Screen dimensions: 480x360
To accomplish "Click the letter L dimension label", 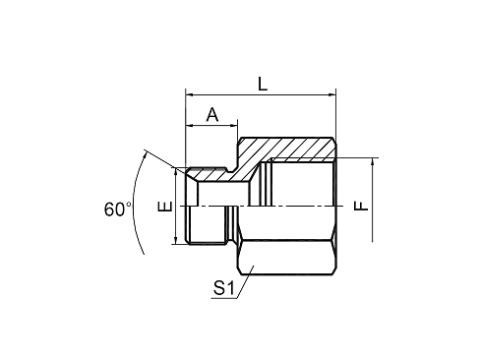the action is tap(263, 84).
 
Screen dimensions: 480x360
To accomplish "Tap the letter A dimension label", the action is tap(212, 114).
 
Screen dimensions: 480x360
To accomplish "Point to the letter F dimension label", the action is tap(362, 206).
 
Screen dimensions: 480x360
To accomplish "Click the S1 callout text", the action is tap(224, 288).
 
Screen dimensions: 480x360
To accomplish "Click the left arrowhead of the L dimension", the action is tap(190, 95).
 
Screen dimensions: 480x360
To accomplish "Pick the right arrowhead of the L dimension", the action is tap(332, 95).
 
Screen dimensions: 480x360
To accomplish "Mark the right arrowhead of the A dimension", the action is tap(233, 125).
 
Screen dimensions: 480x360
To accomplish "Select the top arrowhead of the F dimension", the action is tap(373, 162).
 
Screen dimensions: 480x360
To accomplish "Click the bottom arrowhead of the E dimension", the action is tap(176, 240).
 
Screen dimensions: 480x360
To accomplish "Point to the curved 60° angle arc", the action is tap(134, 203).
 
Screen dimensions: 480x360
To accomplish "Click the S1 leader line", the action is tap(244, 282).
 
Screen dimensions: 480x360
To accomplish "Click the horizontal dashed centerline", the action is tap(262, 207).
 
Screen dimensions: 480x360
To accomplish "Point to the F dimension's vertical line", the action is tap(373, 200).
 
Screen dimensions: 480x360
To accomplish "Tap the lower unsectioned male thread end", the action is tap(206, 225).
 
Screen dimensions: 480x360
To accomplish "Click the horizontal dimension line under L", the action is tap(261, 95).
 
